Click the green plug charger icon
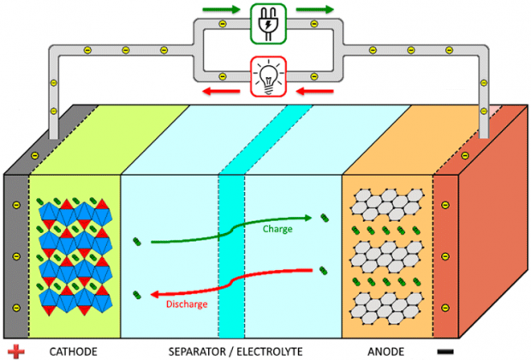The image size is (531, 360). point(265,22)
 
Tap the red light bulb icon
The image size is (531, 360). point(265,73)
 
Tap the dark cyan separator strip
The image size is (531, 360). point(231,257)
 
